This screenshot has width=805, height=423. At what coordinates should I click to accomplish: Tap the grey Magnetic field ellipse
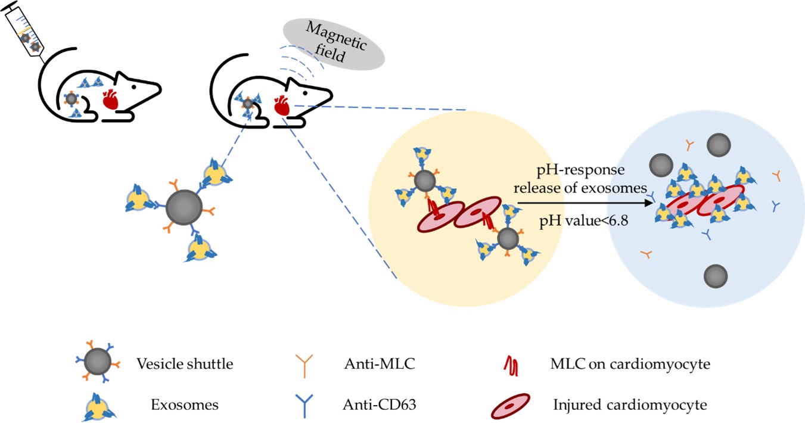[334, 42]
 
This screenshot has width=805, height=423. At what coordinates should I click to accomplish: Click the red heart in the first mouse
[112, 99]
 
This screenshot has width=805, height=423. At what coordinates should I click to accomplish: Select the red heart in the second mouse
[281, 106]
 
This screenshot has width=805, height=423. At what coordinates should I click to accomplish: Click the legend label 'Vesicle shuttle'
[185, 363]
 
